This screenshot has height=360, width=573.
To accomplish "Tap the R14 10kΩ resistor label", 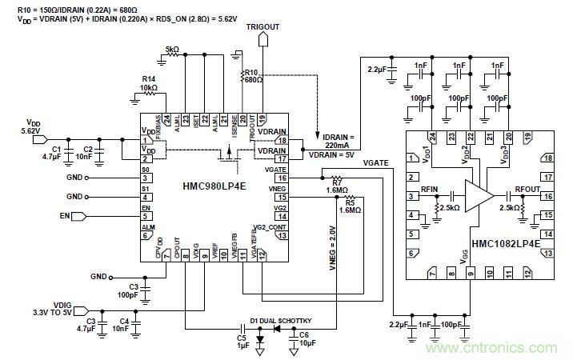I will (x=149, y=82).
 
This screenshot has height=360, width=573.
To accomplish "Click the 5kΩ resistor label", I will (x=172, y=49).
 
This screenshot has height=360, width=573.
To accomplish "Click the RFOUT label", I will (x=528, y=190).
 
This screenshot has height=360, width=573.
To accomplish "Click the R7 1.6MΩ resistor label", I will (x=336, y=186).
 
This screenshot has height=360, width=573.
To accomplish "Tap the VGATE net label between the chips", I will (x=376, y=162).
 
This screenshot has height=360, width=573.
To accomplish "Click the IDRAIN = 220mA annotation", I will (x=341, y=139).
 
